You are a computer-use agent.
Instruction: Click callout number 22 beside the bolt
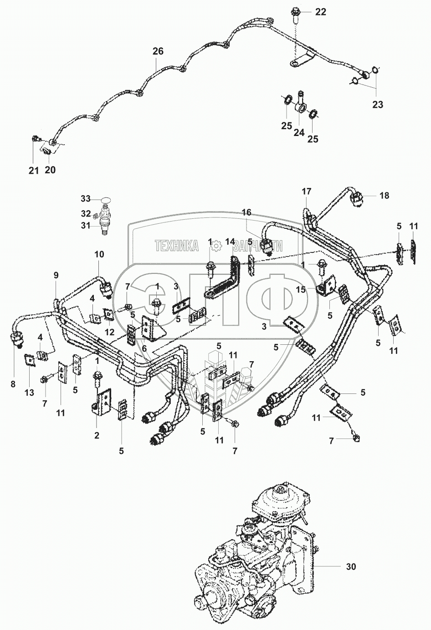tap(321, 12)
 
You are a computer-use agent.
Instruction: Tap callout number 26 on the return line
tap(158, 51)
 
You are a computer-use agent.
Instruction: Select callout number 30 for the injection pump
tap(351, 566)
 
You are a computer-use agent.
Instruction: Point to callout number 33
tap(86, 199)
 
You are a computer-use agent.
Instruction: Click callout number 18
tap(384, 196)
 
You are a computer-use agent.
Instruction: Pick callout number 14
tap(230, 242)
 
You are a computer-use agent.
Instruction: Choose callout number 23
tap(378, 105)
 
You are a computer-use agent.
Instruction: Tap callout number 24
tap(299, 132)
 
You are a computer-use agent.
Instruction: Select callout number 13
tap(29, 393)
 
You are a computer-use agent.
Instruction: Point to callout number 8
tap(13, 384)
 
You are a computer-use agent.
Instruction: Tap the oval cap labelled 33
tap(106, 200)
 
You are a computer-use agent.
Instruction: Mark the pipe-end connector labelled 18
tap(357, 199)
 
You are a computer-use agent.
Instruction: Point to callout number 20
tap(50, 170)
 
